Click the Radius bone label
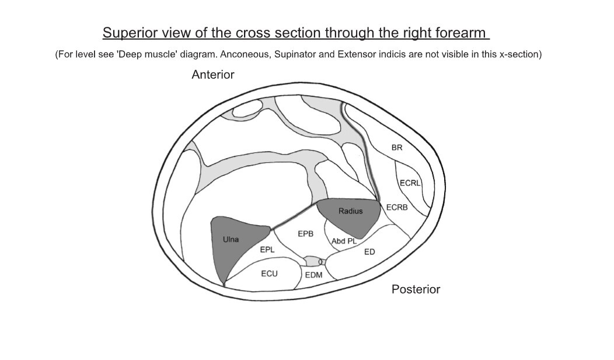click(x=350, y=211)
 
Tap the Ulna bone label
click(x=231, y=239)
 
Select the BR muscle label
click(x=397, y=148)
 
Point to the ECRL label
click(x=410, y=183)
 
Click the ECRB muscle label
click(x=397, y=208)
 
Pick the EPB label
click(x=306, y=233)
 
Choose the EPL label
click(x=267, y=250)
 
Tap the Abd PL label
click(x=344, y=241)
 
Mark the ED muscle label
click(x=369, y=252)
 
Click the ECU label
click(x=269, y=273)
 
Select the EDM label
click(x=314, y=275)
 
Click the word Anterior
click(x=212, y=75)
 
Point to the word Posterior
click(x=416, y=289)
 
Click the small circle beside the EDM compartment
click(x=321, y=262)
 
